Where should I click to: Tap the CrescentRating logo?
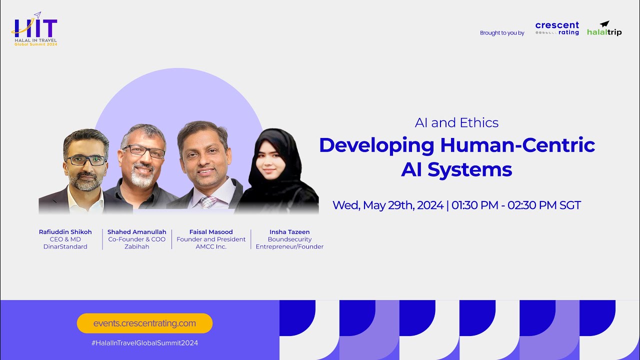click(x=557, y=28)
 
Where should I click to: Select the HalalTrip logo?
click(x=604, y=28)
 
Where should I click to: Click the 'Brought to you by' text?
click(x=502, y=33)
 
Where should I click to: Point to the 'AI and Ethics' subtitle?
click(x=456, y=122)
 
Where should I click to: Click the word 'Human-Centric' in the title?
click(x=517, y=145)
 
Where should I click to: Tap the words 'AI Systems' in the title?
click(x=456, y=169)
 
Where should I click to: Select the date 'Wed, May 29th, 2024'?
click(x=388, y=205)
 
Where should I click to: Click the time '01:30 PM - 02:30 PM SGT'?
click(x=516, y=205)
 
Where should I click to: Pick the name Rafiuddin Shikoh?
click(x=65, y=232)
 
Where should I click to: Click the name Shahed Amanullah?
click(x=137, y=232)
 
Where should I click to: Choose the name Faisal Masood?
click(x=211, y=232)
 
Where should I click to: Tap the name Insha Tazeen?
click(x=289, y=232)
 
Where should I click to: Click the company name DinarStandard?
click(x=65, y=246)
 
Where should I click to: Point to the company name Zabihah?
click(x=137, y=246)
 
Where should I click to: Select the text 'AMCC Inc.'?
click(x=211, y=246)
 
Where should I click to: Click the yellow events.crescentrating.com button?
click(x=144, y=323)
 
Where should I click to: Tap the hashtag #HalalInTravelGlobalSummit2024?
click(x=144, y=343)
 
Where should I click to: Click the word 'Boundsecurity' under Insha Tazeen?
click(x=289, y=239)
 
